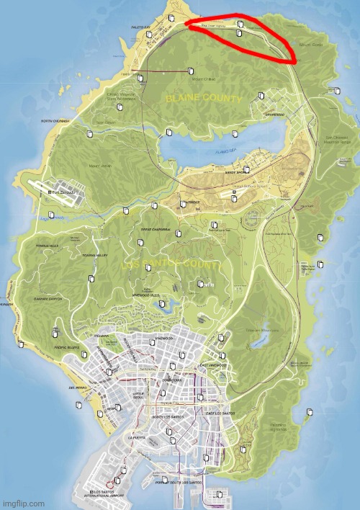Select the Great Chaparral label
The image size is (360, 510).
point(154,231)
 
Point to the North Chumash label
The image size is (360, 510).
point(55,121)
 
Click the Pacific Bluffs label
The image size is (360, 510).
point(68,349)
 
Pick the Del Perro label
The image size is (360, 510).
point(77,388)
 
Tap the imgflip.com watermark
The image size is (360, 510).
point(23,504)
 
